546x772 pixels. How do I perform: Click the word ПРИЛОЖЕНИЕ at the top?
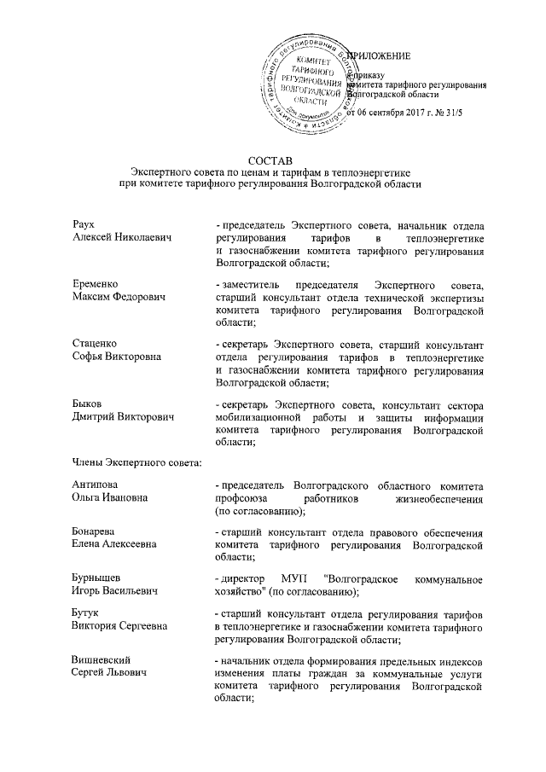pyautogui.click(x=380, y=56)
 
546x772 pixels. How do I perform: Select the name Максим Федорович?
pyautogui.click(x=118, y=297)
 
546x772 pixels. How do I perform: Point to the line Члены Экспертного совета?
pyautogui.click(x=136, y=463)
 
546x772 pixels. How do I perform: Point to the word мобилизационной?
pyautogui.click(x=259, y=417)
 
